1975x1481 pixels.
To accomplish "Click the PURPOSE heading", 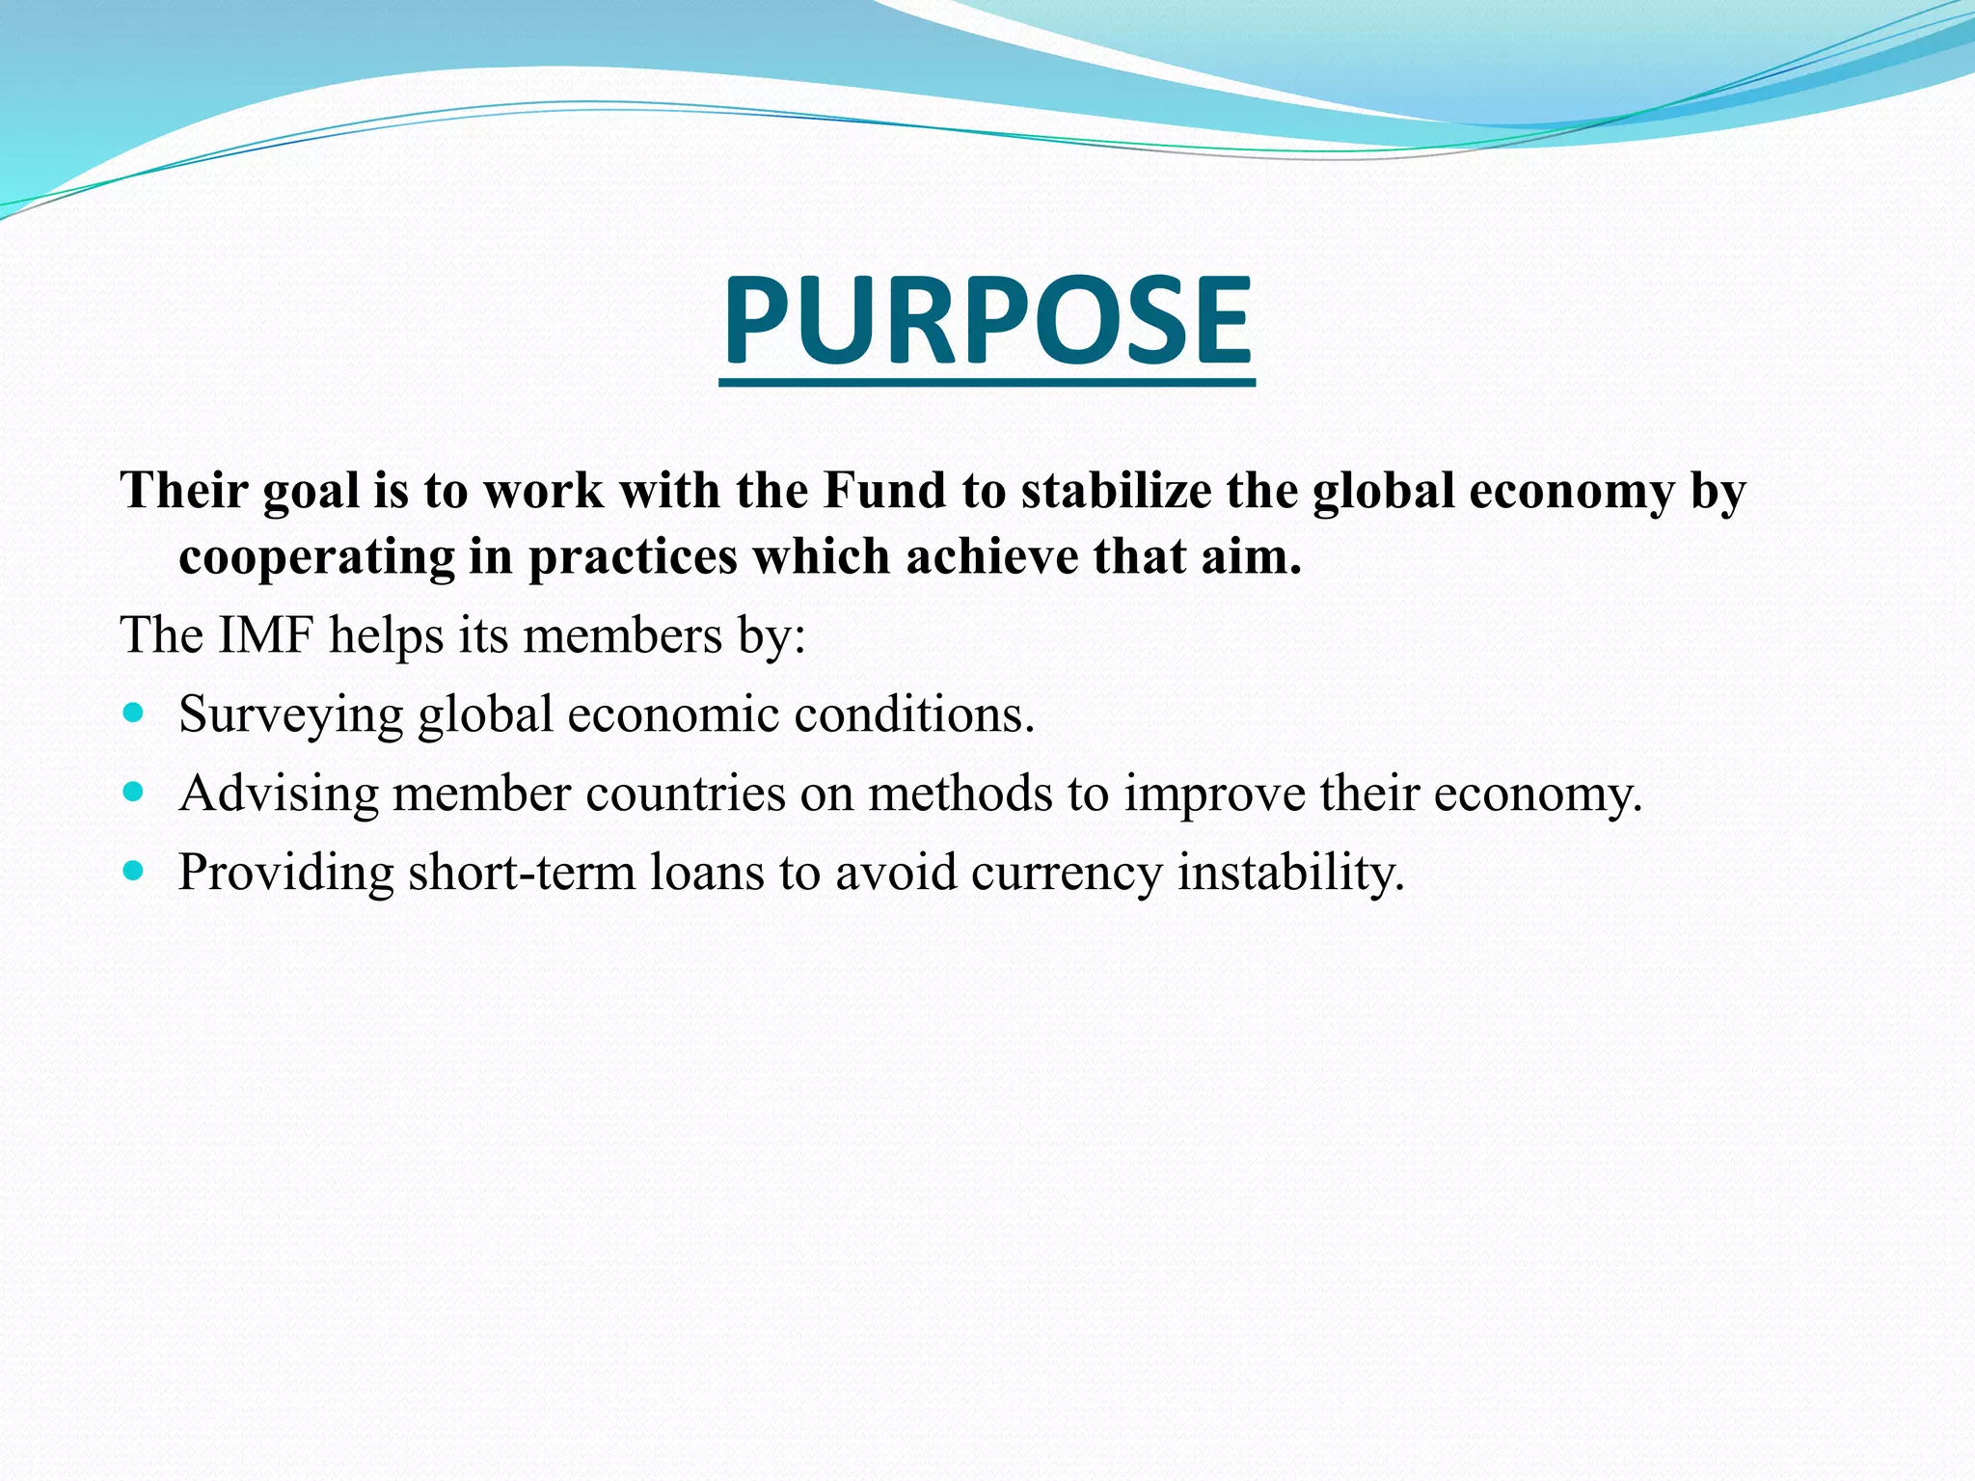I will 987,320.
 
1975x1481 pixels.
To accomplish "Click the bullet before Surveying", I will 134,714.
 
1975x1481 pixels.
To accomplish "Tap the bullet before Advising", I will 134,794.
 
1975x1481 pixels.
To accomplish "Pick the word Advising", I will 279,794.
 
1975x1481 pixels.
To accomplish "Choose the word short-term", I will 522,873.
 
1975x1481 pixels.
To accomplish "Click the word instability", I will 1291,873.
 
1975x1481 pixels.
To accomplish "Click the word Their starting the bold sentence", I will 184,491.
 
